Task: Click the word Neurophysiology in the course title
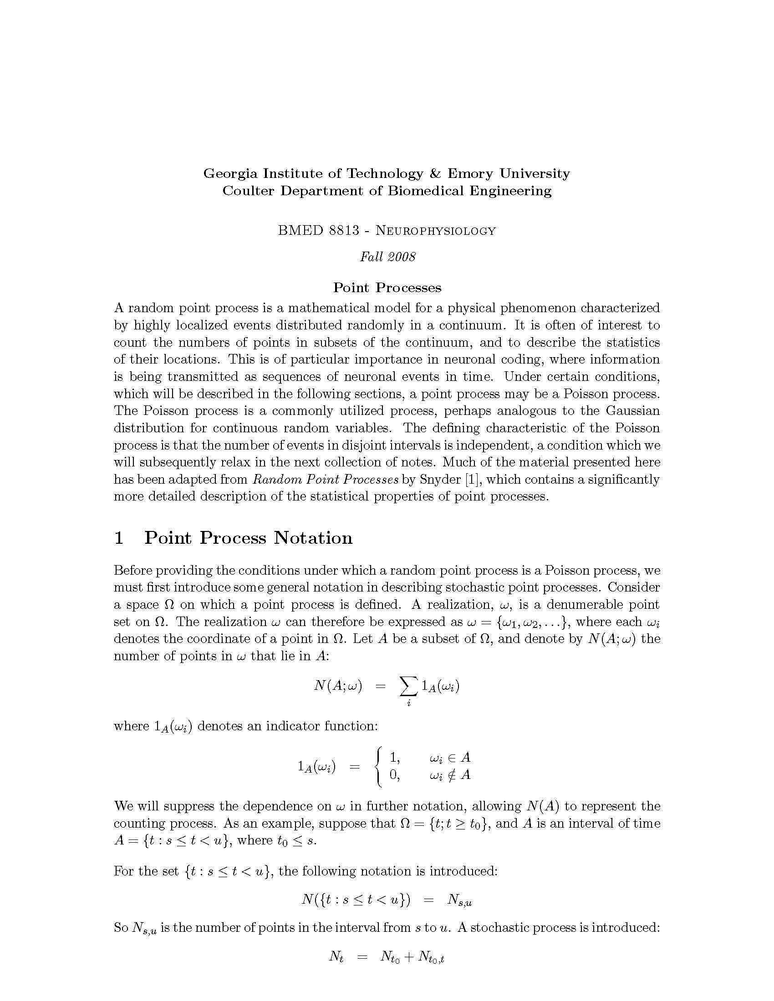436,231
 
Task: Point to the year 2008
401,257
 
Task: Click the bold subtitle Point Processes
387,288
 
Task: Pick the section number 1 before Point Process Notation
119,538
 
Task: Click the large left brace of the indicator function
378,766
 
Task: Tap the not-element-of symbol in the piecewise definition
451,775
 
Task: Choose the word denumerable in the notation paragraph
578,605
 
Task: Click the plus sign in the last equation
408,957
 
